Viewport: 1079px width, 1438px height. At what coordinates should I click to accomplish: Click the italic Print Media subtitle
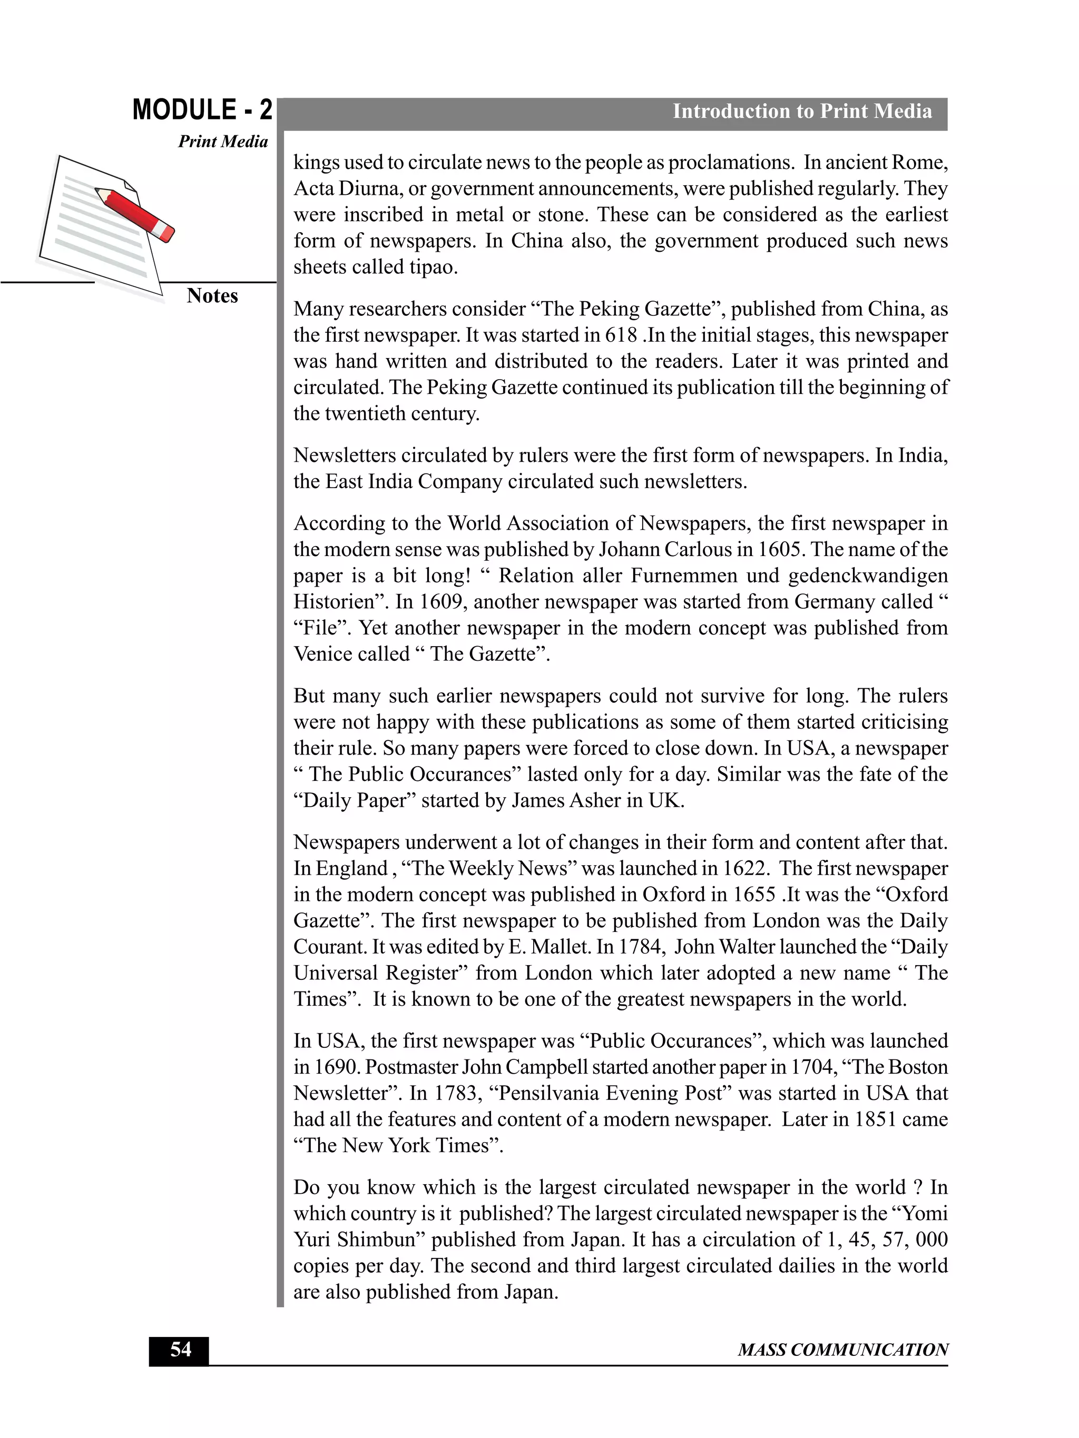click(223, 142)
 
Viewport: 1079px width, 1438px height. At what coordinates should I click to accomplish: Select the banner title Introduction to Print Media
click(801, 111)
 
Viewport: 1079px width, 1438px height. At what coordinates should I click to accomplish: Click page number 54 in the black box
click(180, 1350)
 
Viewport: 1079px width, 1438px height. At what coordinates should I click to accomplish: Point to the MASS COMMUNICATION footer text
click(842, 1350)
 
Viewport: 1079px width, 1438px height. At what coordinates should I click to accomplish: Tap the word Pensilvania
click(548, 1093)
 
